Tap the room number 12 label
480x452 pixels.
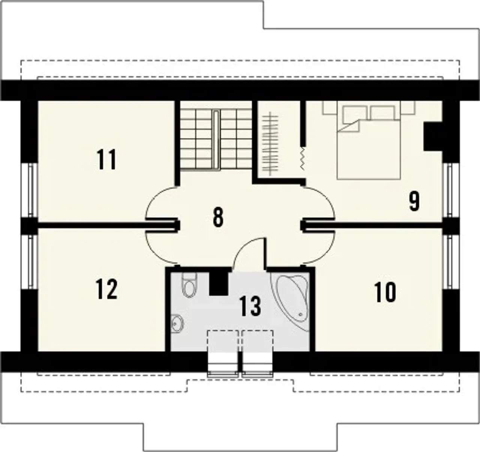point(106,289)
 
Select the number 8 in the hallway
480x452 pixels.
point(218,217)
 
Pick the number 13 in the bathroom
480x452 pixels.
point(250,306)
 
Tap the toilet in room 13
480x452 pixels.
point(190,285)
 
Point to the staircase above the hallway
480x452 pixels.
point(216,139)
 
